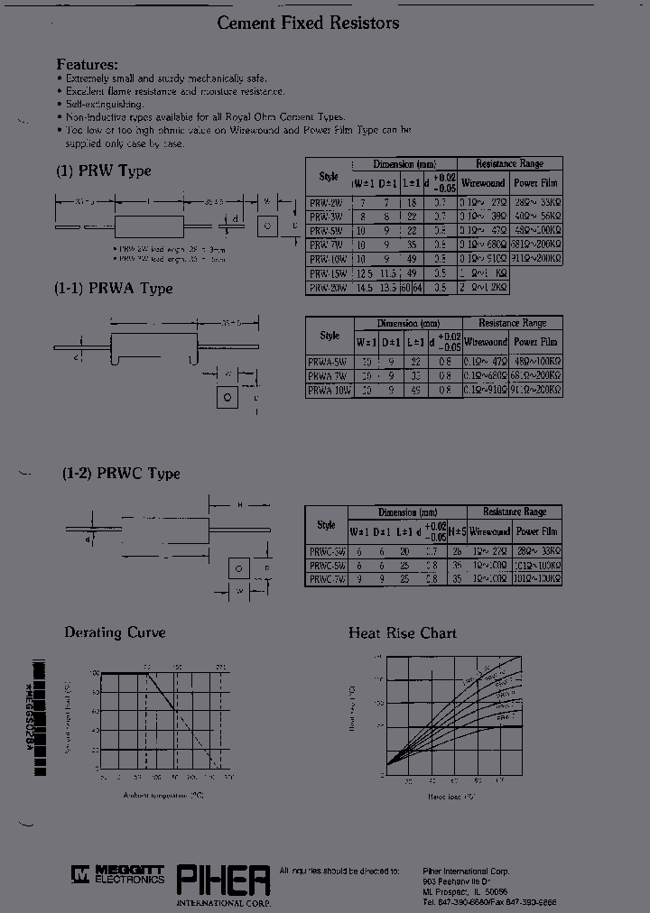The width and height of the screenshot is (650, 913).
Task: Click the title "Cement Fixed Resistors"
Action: coord(308,23)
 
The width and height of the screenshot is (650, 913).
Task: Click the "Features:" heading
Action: coord(87,65)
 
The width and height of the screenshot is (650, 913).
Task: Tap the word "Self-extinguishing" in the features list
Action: coord(102,105)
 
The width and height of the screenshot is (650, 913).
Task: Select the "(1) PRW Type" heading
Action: coord(104,171)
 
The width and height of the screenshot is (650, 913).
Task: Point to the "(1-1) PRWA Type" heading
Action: coord(114,289)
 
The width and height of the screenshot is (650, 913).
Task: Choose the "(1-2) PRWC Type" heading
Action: coord(121,474)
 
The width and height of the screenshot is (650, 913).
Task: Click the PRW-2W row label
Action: coord(324,204)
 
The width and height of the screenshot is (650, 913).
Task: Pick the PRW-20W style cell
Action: coord(324,287)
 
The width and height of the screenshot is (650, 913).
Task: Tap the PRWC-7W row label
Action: coord(326,579)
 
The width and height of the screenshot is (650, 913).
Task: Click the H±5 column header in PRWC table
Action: coord(457,531)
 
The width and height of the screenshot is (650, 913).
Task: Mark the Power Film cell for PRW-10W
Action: coord(537,259)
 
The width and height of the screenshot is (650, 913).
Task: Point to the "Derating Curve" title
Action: coord(115,632)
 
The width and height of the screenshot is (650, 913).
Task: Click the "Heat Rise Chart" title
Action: coord(403,633)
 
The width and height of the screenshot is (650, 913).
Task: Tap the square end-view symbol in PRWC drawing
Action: coord(237,568)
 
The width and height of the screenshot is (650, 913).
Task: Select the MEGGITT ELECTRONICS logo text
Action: coord(125,873)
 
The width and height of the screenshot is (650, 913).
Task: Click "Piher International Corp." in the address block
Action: coord(466,871)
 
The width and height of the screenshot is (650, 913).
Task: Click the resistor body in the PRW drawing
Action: coord(148,226)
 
